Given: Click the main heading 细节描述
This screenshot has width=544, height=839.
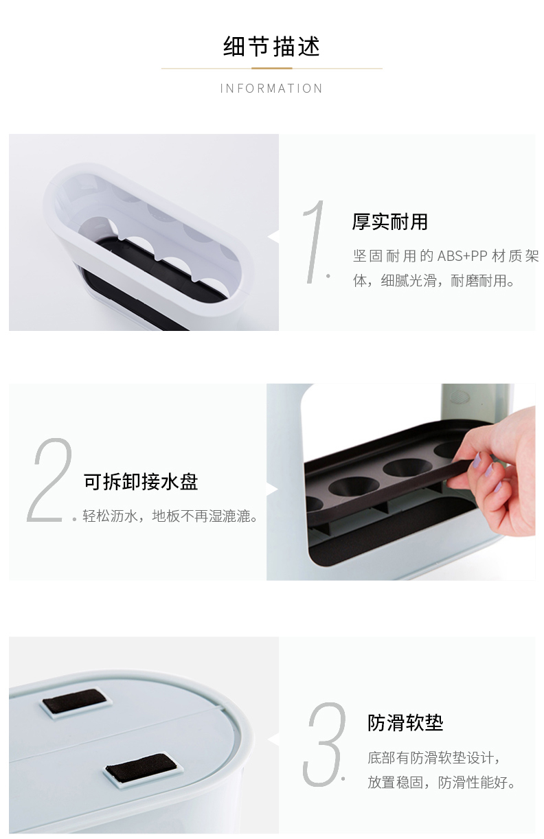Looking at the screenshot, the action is click(271, 47).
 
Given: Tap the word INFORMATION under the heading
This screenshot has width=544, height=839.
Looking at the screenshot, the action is click(271, 89).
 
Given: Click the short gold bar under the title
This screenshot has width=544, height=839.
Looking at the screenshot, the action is click(271, 68).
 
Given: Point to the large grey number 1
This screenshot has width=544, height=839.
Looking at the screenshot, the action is click(314, 242).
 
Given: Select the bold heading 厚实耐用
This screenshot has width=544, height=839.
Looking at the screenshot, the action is click(389, 222).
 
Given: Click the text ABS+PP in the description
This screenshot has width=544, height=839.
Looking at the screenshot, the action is click(462, 256).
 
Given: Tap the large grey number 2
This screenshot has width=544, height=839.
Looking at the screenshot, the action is click(49, 480).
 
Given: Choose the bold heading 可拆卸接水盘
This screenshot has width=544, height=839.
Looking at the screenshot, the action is click(141, 482).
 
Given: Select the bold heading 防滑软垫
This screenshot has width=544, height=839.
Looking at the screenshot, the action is click(405, 722).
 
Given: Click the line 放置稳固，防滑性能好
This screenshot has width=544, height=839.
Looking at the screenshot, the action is click(442, 783).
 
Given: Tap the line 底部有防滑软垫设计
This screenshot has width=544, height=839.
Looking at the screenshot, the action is click(434, 758).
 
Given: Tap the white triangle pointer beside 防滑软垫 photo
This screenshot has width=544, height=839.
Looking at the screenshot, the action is click(273, 739).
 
